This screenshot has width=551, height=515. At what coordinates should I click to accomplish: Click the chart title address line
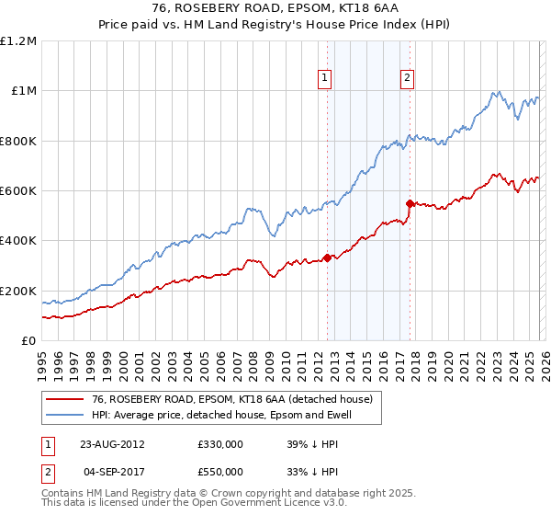(275, 9)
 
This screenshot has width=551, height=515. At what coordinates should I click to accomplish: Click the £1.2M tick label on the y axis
(18, 40)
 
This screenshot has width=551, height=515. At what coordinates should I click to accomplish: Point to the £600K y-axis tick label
(18, 191)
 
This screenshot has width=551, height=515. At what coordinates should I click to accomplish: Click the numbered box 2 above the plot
(406, 79)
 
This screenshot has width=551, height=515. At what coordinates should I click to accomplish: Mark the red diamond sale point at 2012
(327, 258)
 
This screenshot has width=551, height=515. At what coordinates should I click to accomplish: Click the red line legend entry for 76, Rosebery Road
(231, 399)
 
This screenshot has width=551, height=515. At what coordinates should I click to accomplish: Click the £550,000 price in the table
(220, 471)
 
